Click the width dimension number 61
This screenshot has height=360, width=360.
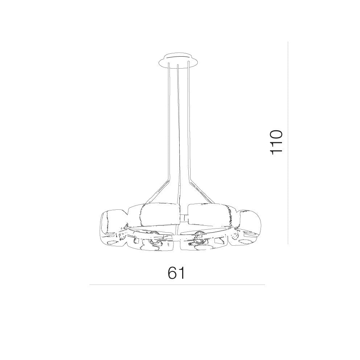[x=176, y=273]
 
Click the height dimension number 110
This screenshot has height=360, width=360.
[x=276, y=143]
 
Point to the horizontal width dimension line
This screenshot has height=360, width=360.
[x=177, y=285]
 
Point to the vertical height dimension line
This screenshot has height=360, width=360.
[x=288, y=143]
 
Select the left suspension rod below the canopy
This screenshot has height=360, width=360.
[x=169, y=122]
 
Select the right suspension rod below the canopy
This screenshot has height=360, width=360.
[x=189, y=122]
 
